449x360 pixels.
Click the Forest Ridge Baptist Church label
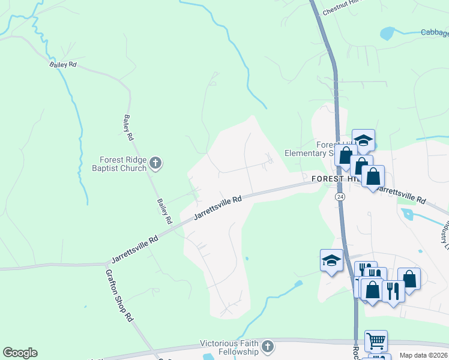tap(123, 164)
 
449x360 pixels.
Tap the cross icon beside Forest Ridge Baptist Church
tap(155, 163)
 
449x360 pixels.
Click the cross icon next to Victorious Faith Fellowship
tap(268, 347)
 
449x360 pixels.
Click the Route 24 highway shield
tap(340, 197)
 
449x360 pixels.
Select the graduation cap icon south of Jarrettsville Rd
tap(331, 260)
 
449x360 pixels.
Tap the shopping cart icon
tap(376, 341)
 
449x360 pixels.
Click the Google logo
tap(20, 353)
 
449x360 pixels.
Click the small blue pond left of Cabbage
tap(386, 32)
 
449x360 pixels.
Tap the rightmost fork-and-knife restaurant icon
tap(393, 291)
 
